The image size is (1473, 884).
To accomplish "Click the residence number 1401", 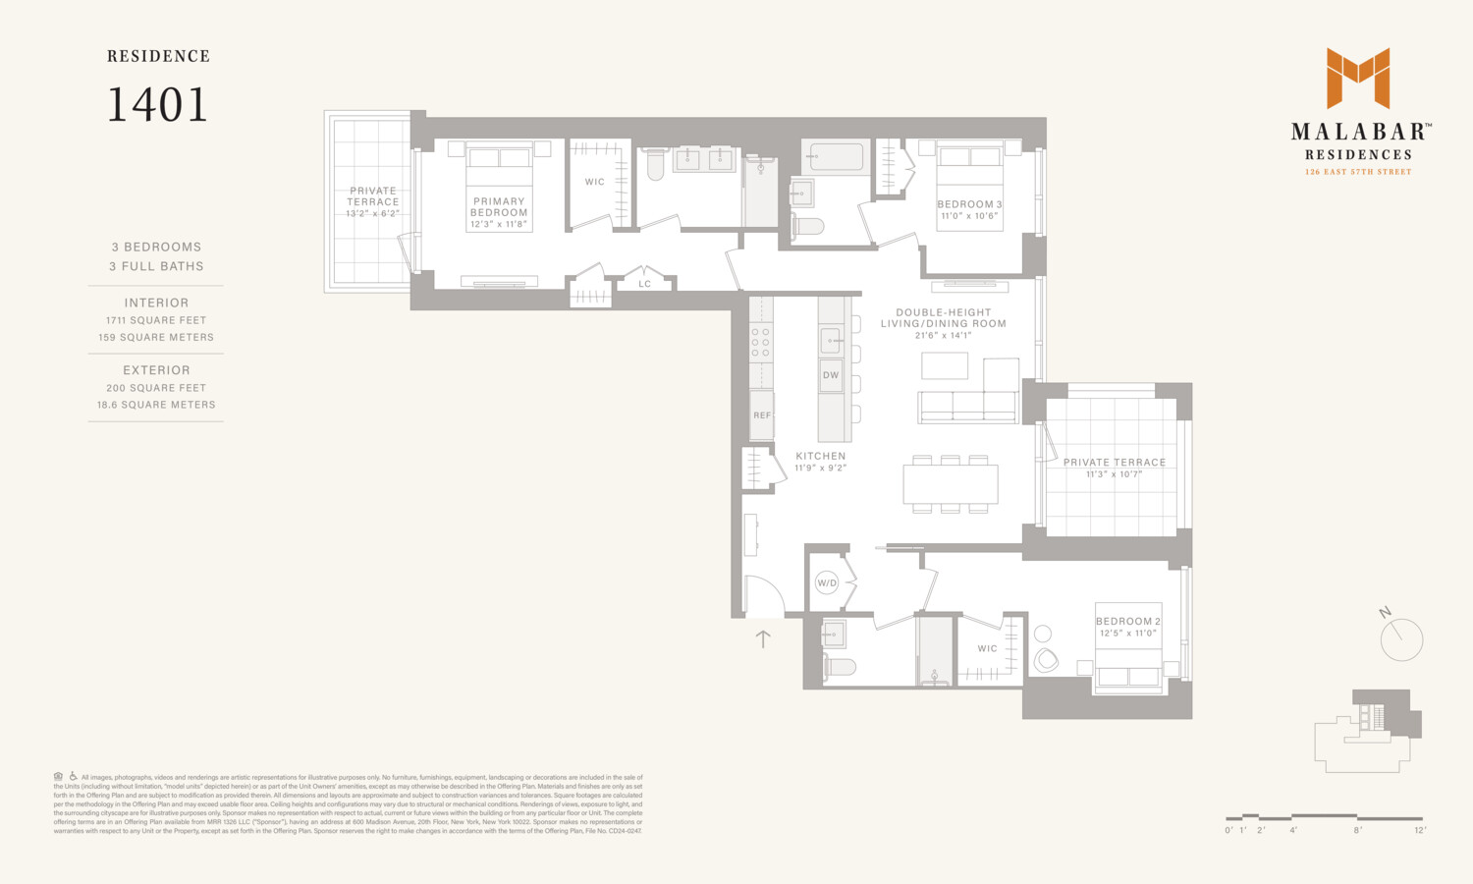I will pos(157,105).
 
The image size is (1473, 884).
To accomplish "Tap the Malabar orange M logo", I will pos(1358,78).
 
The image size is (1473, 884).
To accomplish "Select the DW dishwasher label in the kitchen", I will pos(831,375).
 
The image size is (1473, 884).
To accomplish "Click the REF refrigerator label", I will pos(762,415).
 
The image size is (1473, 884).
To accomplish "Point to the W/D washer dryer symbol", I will pos(827,583).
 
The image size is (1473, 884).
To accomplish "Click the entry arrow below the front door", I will pos(763,638).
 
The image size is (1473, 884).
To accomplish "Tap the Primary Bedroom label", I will pos(499,207).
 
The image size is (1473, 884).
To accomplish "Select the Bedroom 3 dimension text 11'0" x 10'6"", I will pos(969,216).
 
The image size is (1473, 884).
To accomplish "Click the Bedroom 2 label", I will pos(1127,622).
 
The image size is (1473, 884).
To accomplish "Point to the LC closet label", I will pos(644,284).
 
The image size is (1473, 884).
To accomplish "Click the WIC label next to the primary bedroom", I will pos(595,182).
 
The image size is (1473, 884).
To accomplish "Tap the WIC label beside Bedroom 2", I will pos(987,648).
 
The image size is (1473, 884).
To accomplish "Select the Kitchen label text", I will pos(820,456).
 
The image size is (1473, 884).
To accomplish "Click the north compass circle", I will pos(1401,640).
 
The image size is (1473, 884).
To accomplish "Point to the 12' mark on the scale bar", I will pos(1420,830).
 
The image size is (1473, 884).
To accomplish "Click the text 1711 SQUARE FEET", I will pos(156,320).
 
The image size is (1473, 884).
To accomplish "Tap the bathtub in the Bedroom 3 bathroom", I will pos(837,157).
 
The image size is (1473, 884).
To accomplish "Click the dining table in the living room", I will pos(950,484).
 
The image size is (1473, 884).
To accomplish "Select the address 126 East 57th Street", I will pos(1358,172).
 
